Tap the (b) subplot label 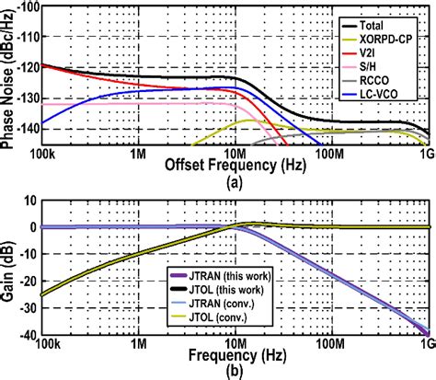point(237,372)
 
